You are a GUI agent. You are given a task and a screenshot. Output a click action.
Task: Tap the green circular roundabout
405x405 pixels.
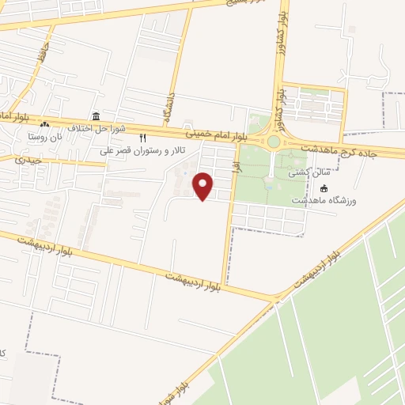(274, 142)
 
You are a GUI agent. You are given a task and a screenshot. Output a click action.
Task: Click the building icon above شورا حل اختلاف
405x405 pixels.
(96, 116)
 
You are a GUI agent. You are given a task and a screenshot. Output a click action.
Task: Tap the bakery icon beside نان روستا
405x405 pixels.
(44, 124)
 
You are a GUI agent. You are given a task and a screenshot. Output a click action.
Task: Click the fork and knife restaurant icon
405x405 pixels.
(142, 138)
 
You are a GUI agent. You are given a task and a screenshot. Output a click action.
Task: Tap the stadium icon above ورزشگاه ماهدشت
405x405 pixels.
(324, 188)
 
